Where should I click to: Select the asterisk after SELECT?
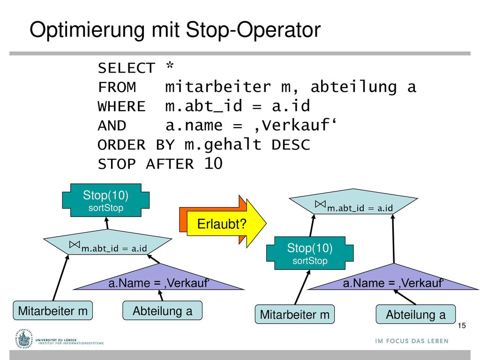tap(170, 66)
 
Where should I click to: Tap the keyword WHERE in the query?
tap(121, 106)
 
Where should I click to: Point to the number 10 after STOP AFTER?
tap(213, 164)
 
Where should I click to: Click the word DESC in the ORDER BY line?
tap(291, 144)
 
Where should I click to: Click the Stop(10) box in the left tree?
tap(105, 200)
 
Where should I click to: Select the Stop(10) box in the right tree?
tap(310, 253)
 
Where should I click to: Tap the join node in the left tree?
tap(108, 242)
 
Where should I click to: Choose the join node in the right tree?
tap(353, 202)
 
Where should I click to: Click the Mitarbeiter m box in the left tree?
tap(52, 310)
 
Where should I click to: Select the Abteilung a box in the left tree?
tap(162, 310)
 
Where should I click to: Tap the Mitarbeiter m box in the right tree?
tap(294, 314)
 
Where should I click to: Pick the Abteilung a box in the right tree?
tap(416, 314)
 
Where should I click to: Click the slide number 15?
tap(462, 325)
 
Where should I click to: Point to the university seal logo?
tap(23, 339)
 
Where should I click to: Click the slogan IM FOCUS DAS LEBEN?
tap(412, 341)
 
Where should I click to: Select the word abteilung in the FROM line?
tap(353, 87)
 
